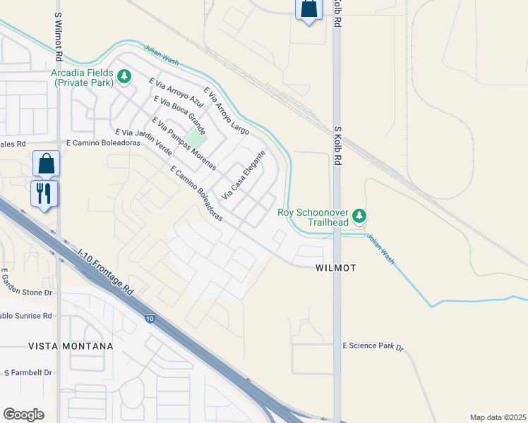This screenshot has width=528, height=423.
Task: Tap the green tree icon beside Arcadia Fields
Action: coord(124,75)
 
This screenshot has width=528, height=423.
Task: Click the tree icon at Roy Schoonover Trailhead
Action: coord(359,215)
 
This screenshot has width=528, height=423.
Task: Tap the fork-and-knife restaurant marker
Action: coord(44,192)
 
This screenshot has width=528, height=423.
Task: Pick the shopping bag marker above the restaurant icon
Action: coord(46,164)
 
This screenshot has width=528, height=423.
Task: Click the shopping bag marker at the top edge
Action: coord(308,8)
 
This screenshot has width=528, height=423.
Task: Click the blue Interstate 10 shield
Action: coord(150,319)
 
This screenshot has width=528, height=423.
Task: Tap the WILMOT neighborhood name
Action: coord(335,268)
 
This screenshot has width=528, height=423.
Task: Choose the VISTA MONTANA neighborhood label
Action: coord(71,346)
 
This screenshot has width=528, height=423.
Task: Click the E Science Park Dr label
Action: coord(373,347)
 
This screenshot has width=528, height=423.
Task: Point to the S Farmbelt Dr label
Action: coord(28,372)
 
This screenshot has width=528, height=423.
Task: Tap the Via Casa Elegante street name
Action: coord(244,174)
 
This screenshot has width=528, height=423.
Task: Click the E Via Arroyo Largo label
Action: coord(226,110)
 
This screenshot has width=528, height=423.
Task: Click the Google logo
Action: coord(23,415)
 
